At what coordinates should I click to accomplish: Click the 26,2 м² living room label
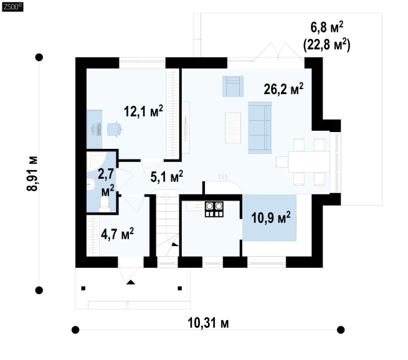[283, 89]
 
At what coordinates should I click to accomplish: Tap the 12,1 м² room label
[143, 111]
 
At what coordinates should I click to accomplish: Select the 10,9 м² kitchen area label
[271, 217]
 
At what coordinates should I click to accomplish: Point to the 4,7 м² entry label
[117, 234]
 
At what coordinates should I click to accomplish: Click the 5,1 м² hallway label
[167, 177]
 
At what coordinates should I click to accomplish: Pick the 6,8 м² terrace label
[327, 27]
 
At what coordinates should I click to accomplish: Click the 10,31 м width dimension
[208, 323]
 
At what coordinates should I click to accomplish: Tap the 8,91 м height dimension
[32, 174]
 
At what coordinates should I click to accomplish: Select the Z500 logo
[12, 7]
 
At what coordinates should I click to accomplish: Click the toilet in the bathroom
[105, 204]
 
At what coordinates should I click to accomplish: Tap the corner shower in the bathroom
[97, 162]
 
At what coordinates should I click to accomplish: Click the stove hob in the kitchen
[214, 209]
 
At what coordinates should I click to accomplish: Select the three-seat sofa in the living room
[260, 128]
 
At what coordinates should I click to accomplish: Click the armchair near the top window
[233, 86]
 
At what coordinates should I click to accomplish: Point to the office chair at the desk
[114, 129]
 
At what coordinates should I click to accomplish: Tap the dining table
[309, 162]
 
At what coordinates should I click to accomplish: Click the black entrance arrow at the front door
[131, 282]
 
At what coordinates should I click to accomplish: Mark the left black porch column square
[83, 288]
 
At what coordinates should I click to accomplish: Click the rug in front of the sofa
[233, 128]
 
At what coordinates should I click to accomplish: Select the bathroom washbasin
[91, 184]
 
